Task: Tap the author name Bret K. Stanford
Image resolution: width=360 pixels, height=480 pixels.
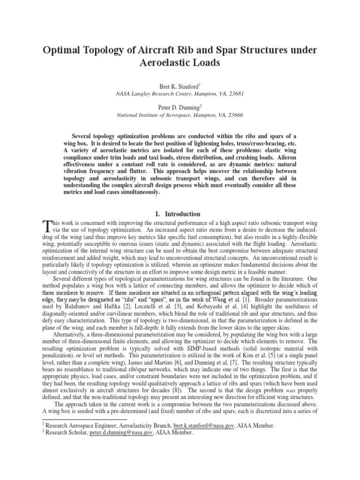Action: click(x=179, y=86)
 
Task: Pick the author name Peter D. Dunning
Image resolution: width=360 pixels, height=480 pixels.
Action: click(x=179, y=107)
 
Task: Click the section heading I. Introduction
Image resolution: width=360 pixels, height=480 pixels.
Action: click(x=180, y=214)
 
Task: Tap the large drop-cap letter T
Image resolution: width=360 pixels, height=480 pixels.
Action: click(x=46, y=227)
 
